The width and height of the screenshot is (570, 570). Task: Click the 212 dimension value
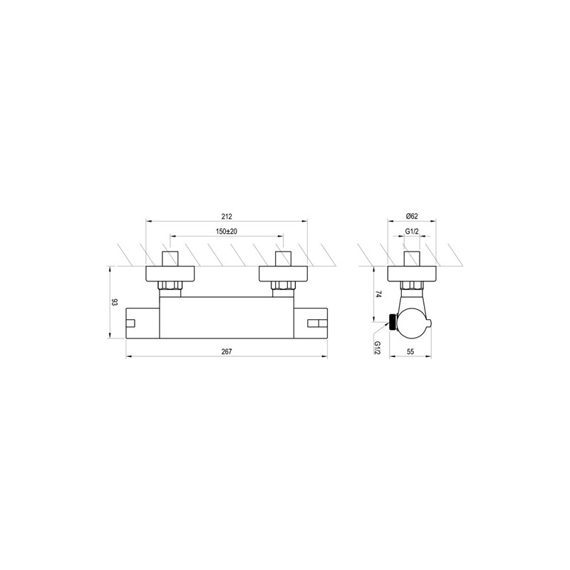tap(227, 217)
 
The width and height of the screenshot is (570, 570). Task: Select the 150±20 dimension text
tap(227, 231)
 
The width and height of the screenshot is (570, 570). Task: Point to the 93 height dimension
tap(115, 302)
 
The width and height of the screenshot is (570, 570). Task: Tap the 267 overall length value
tap(227, 351)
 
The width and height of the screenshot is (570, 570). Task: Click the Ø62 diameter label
tap(412, 216)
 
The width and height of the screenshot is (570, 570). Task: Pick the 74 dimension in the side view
tap(378, 294)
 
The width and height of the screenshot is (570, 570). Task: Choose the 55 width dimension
tap(410, 351)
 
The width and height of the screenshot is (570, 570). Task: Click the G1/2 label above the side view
tap(412, 231)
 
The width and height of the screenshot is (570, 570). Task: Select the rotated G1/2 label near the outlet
tap(378, 348)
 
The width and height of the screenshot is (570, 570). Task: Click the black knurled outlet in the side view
tap(393, 322)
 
